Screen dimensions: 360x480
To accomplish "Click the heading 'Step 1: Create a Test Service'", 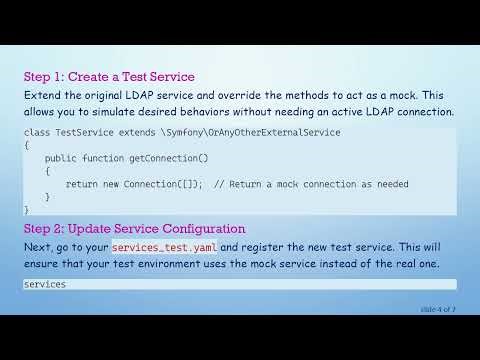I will point(109,77).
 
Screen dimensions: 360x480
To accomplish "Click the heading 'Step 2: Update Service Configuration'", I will point(135,229).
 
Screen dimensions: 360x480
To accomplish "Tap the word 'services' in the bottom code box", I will point(44,284).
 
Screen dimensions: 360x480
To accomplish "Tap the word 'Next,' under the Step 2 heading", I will point(41,247).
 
